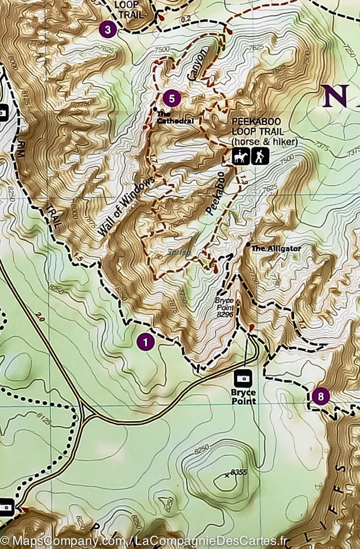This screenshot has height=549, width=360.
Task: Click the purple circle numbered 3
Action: click(x=107, y=30)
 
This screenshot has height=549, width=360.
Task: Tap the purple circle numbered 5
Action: click(x=172, y=98)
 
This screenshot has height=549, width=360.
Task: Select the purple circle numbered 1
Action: click(x=145, y=342)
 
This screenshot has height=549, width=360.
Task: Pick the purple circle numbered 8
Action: click(x=320, y=396)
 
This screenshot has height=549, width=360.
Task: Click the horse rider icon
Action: click(x=240, y=157)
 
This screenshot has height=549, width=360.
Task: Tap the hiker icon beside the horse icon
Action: click(x=260, y=157)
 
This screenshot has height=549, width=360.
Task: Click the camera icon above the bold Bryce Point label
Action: click(x=242, y=378)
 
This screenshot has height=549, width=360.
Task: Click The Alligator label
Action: click(x=277, y=248)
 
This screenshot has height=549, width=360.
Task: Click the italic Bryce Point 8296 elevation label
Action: click(x=224, y=307)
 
